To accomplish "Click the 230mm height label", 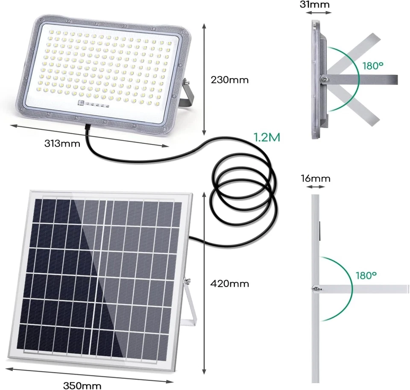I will click(230, 80).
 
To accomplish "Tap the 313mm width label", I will click(62, 144).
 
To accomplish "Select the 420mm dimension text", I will click(230, 283).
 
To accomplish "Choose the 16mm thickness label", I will click(318, 178).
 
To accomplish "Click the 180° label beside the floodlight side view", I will click(373, 66).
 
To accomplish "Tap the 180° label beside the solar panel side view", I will click(366, 275).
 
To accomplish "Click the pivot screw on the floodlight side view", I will click(325, 78).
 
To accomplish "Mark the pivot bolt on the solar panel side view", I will click(315, 289).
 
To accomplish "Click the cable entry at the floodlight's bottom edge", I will click(87, 127).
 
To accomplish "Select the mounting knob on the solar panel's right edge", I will click(187, 282).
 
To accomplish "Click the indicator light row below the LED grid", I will click(94, 103).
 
